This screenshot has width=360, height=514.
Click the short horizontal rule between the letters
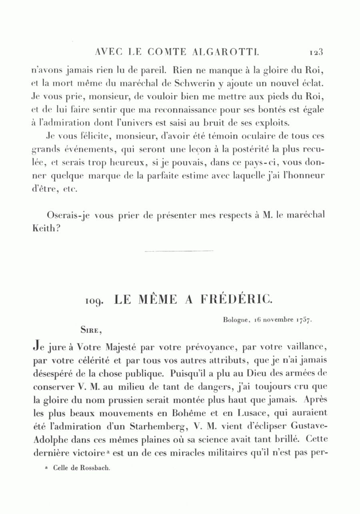[179, 252]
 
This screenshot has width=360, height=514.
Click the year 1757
[304, 320]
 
